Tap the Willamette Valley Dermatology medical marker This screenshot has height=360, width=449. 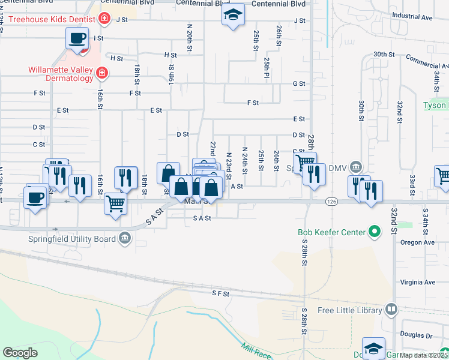click(x=102, y=73)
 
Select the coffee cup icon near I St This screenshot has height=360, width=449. click(x=77, y=39)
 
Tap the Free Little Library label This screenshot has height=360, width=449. click(x=350, y=310)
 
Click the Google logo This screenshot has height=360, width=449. click(x=20, y=353)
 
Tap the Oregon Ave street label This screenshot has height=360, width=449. click(x=420, y=243)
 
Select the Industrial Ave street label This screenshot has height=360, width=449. click(x=412, y=17)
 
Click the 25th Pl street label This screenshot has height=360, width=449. click(x=266, y=68)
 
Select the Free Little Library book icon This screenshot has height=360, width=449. click(x=391, y=310)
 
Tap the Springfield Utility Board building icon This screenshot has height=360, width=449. click(x=124, y=238)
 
